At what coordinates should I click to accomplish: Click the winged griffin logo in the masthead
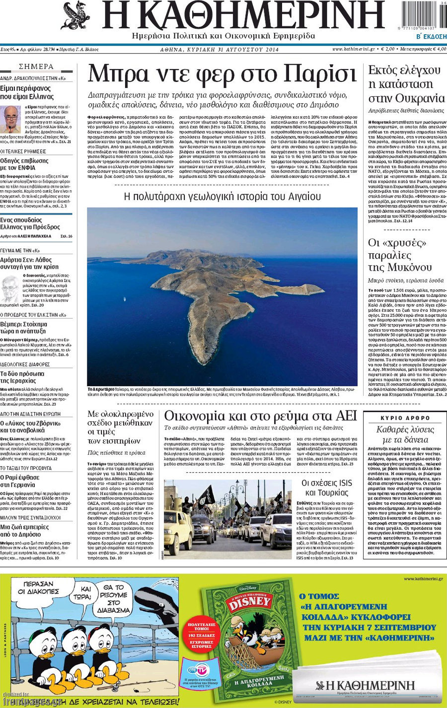[76, 16]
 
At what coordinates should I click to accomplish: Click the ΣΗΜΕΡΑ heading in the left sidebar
[36, 67]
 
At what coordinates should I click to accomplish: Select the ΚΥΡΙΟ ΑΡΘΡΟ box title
[405, 418]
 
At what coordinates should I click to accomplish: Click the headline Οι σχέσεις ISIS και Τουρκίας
[327, 488]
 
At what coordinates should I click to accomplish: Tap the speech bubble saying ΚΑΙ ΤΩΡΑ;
[85, 592]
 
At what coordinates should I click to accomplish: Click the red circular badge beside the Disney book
[202, 632]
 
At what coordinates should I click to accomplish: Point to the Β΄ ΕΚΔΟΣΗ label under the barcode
[431, 37]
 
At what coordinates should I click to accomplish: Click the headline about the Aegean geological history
[222, 197]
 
